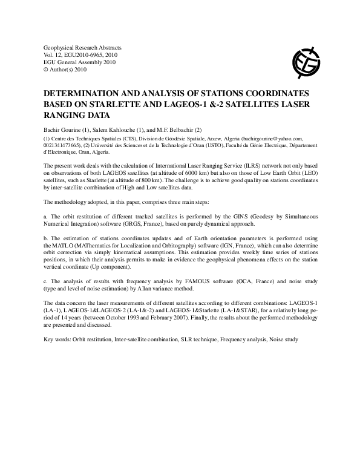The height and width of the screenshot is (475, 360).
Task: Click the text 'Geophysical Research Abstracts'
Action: [83, 47]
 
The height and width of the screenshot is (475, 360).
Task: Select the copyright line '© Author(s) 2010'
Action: [67, 70]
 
